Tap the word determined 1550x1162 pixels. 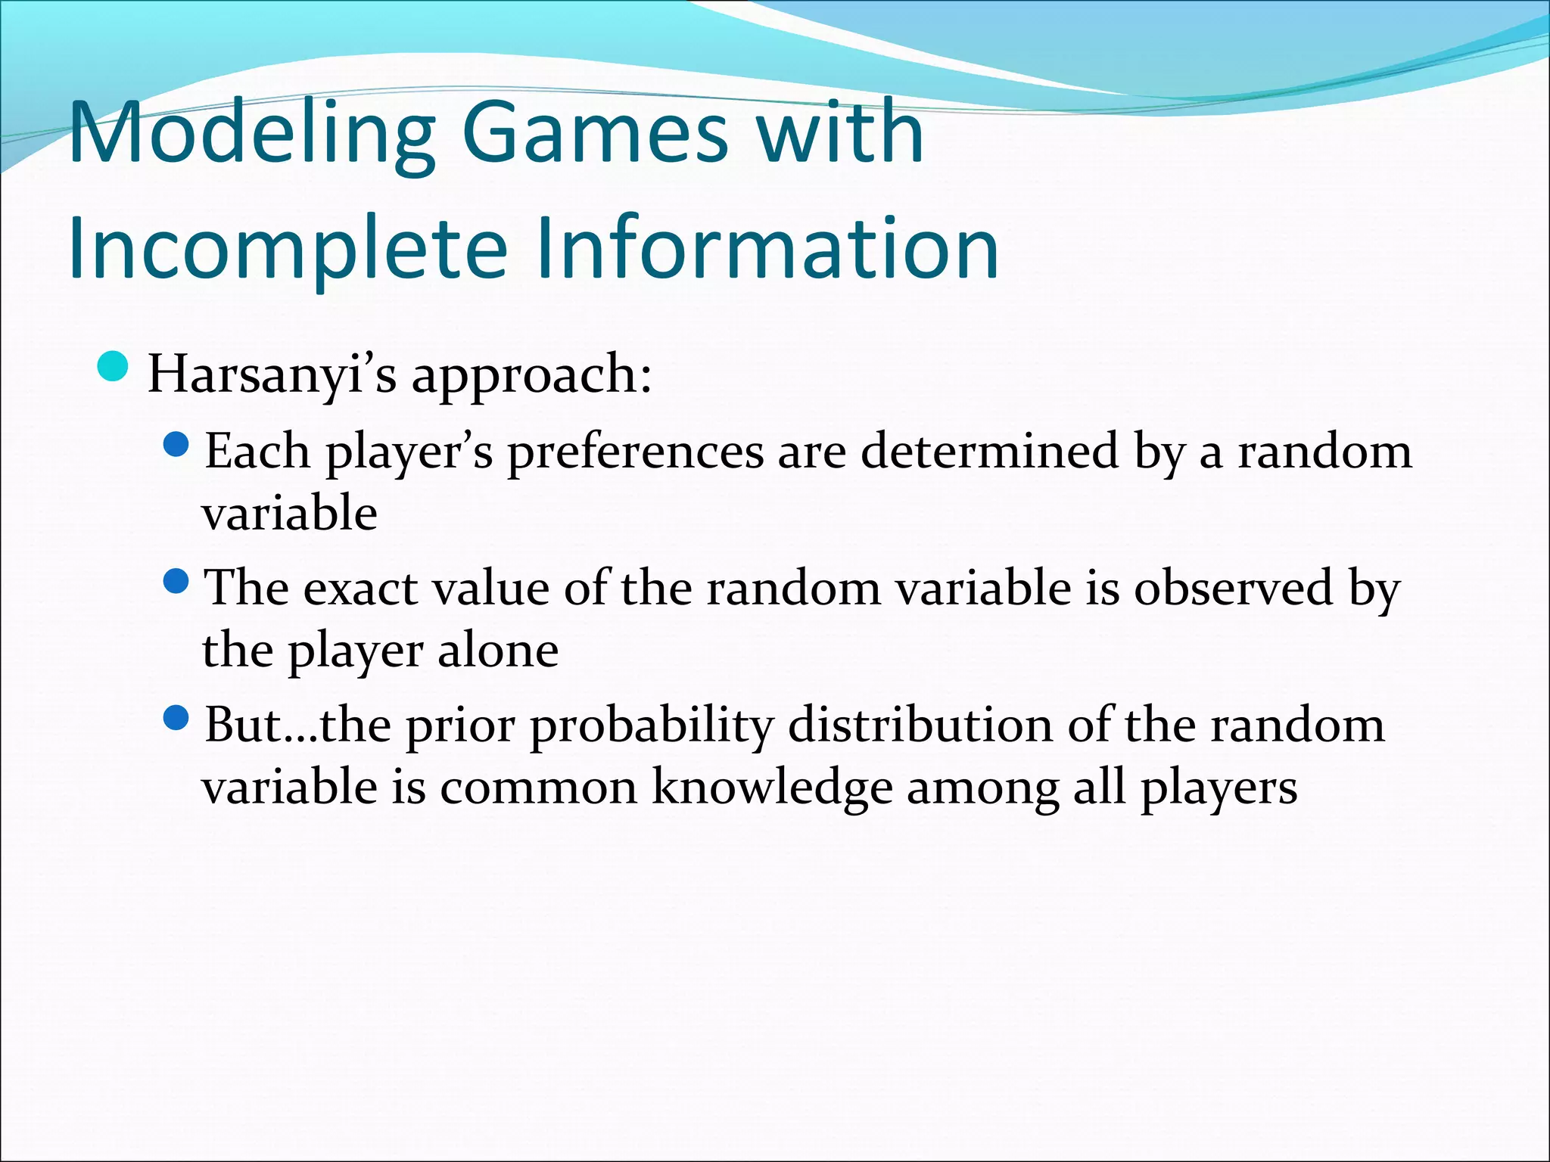989,452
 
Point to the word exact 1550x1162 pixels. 360,589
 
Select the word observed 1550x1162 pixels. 1232,588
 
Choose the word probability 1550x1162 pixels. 651,726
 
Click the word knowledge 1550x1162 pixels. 772,788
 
